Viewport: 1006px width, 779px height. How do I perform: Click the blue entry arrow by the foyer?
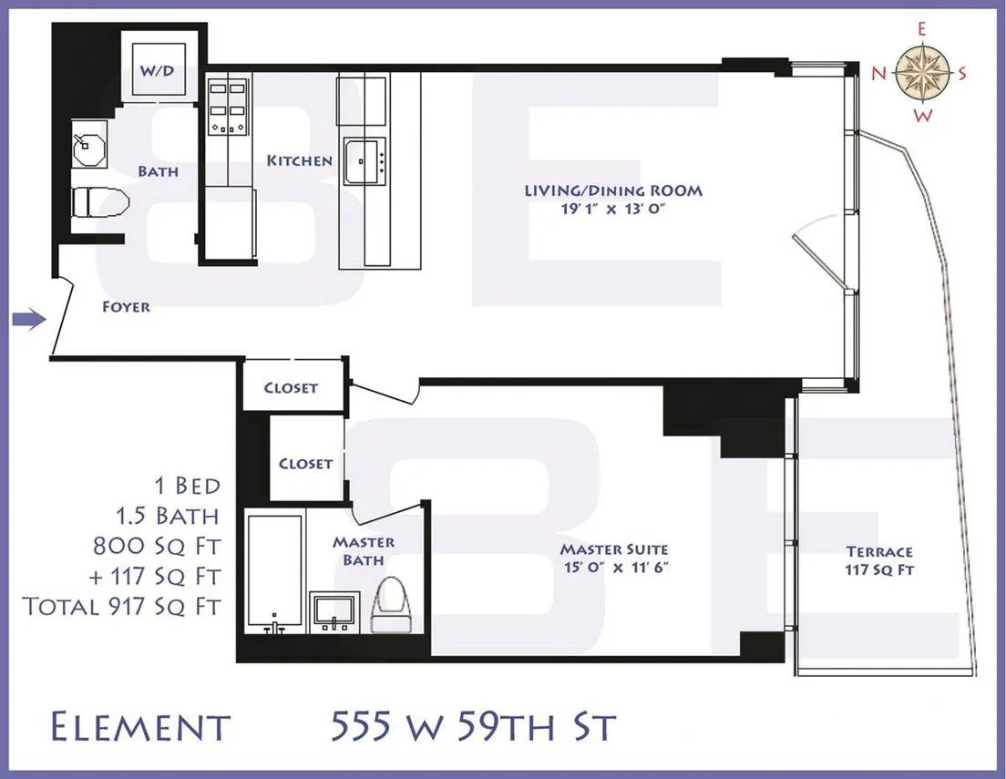click(x=28, y=319)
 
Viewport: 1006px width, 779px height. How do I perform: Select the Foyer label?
click(x=126, y=307)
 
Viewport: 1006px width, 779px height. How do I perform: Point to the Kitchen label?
click(x=299, y=161)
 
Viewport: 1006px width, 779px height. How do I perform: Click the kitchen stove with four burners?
click(x=228, y=108)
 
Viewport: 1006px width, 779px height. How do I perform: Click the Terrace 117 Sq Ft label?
click(x=878, y=560)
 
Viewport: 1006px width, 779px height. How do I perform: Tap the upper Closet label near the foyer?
click(x=291, y=387)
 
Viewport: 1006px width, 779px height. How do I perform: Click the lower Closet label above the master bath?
click(x=305, y=464)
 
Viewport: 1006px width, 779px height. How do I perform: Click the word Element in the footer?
click(x=139, y=728)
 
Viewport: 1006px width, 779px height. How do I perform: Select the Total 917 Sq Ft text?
click(x=122, y=606)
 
